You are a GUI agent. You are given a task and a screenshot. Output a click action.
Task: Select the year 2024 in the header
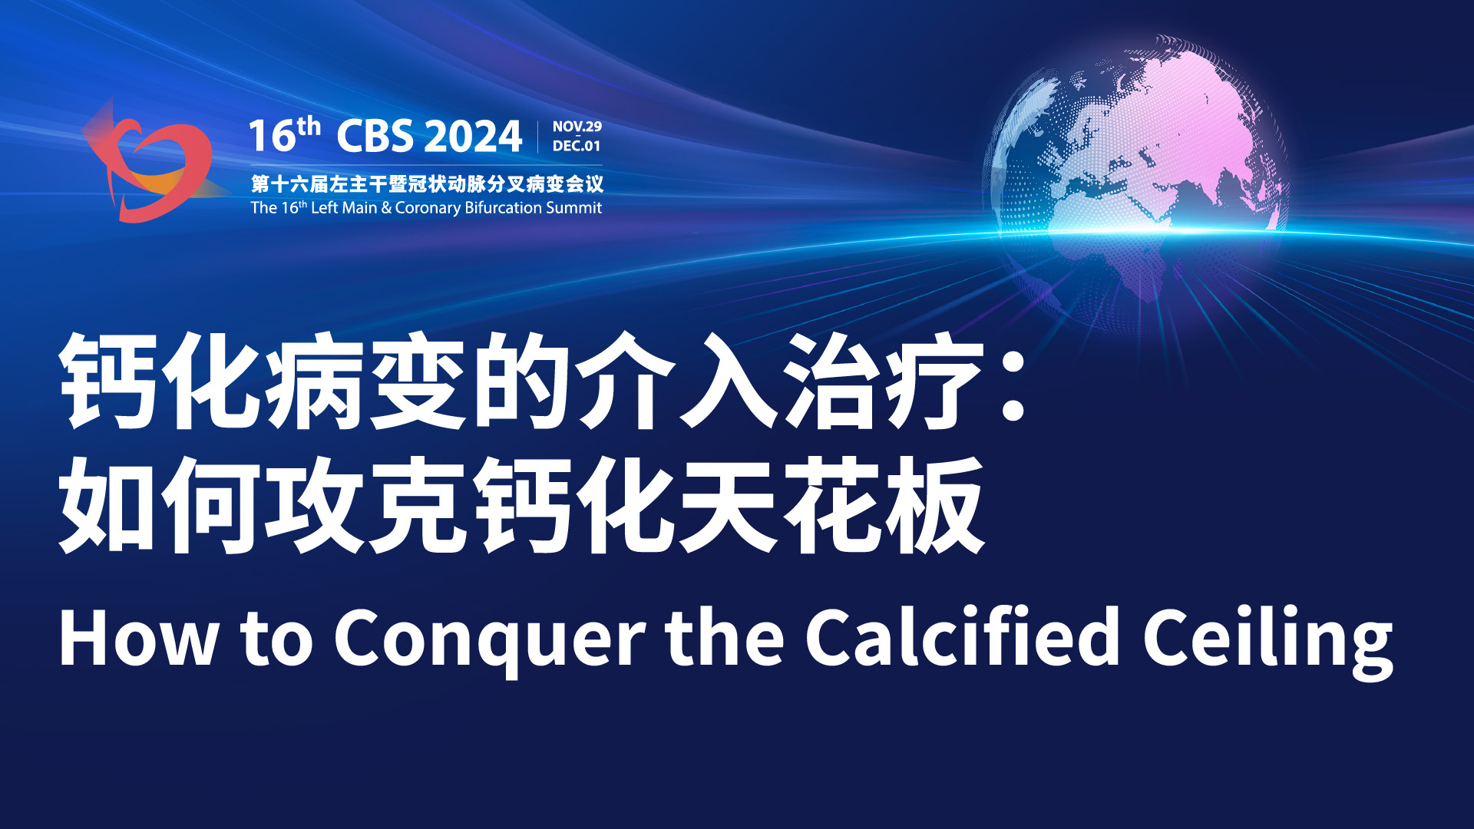[x=473, y=136]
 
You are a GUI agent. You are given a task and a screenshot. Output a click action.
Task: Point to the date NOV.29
[x=577, y=127]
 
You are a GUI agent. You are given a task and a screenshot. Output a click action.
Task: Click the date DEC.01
[x=577, y=146]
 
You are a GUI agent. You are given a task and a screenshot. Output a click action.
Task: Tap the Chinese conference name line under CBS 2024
[x=427, y=184]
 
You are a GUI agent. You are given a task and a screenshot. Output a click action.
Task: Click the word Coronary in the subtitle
[x=428, y=208]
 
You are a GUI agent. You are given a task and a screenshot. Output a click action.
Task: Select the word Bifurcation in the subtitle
[x=503, y=207]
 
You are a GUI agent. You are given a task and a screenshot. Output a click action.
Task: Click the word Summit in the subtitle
[x=573, y=207]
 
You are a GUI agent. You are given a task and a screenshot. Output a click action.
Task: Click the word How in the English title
[x=138, y=637]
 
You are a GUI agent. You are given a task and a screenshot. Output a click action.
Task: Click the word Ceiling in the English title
[x=1267, y=642]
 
